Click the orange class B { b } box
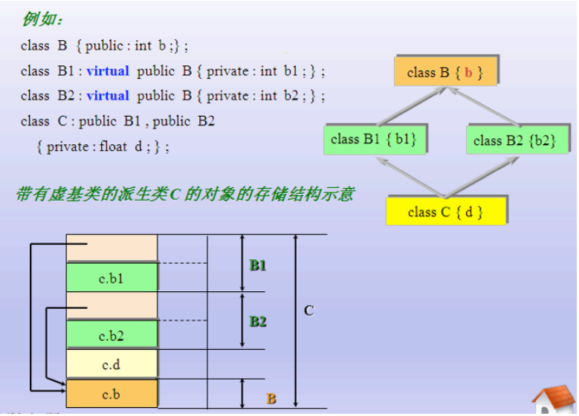[444, 72]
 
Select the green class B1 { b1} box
[373, 139]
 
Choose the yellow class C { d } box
[445, 212]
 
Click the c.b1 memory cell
[111, 278]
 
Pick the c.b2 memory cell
[111, 335]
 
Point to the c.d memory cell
[111, 364]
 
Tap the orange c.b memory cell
[111, 394]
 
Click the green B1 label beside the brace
[258, 265]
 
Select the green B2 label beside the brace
[258, 322]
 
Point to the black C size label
[308, 311]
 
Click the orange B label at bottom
[271, 399]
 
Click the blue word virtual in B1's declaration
[108, 71]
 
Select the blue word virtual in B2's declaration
[108, 96]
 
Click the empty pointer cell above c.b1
[111, 248]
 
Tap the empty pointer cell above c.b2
[111, 305]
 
